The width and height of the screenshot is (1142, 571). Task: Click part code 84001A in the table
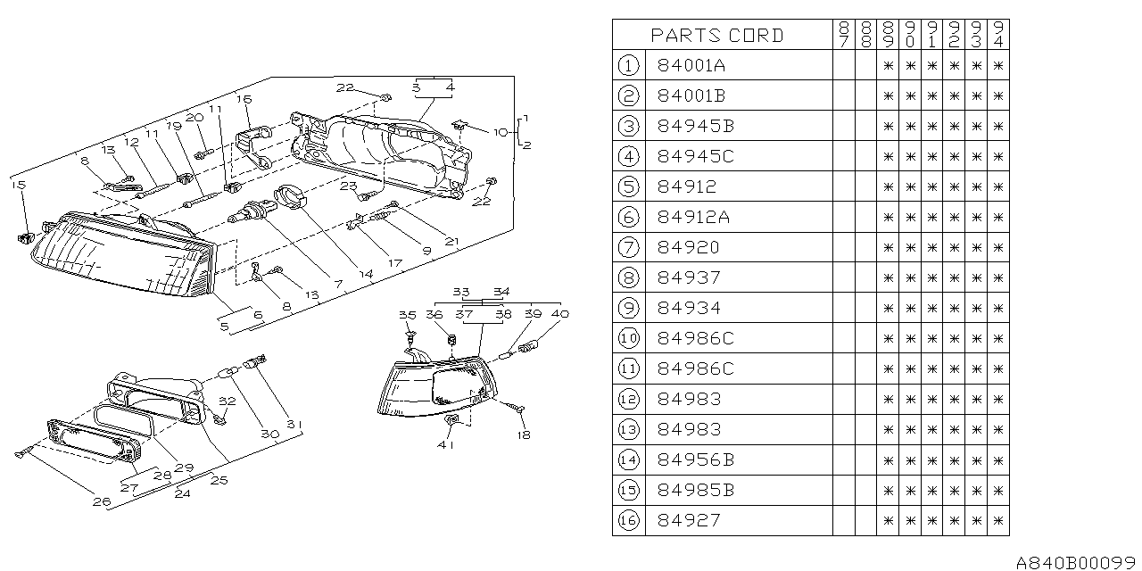coord(691,65)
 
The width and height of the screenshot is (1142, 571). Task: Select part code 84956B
coord(695,459)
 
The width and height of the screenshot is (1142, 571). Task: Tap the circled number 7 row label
coord(628,247)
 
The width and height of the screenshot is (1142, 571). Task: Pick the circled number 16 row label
coord(628,520)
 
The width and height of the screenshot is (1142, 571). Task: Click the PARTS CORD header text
coord(716,35)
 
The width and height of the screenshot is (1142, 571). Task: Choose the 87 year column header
coord(844,34)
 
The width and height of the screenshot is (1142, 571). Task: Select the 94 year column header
coord(998,34)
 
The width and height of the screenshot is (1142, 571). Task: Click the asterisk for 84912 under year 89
coord(888,186)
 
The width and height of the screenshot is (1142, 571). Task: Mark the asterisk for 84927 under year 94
coord(998,520)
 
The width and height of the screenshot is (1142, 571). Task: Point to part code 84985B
coord(695,490)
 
